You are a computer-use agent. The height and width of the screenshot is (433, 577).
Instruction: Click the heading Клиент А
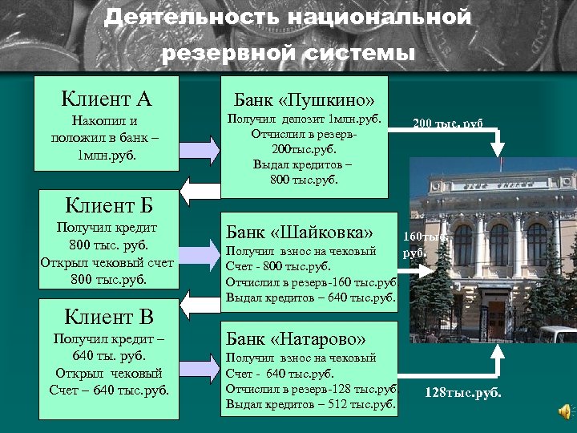(107, 99)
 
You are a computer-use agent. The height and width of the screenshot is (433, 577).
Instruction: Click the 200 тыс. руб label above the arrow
(448, 123)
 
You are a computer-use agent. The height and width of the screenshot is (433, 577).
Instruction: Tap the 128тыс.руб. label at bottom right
(462, 393)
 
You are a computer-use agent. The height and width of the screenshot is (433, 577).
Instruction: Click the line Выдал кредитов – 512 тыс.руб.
(311, 404)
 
